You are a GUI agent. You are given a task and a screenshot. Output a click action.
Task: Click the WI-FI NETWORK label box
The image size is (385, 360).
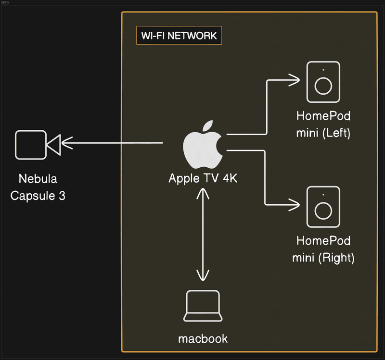[x=179, y=36]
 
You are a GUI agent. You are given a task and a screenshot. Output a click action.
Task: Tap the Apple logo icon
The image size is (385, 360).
[x=203, y=144]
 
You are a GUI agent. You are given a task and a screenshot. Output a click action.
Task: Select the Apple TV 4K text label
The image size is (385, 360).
[x=203, y=178]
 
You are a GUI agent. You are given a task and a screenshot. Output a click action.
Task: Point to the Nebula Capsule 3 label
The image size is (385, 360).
[x=38, y=187]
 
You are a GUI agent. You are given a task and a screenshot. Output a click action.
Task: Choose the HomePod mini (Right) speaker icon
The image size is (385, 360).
[x=323, y=207]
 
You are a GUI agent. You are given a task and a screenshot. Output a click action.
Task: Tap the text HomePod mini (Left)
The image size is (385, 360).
[x=323, y=124]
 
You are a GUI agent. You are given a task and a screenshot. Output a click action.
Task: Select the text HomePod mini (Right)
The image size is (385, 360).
[x=323, y=249]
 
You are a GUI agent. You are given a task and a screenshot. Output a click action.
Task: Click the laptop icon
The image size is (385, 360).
[x=203, y=306]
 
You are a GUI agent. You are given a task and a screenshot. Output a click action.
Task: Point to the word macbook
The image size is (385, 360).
[x=203, y=339]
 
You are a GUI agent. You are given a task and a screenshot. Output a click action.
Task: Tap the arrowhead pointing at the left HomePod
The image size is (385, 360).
[x=295, y=79]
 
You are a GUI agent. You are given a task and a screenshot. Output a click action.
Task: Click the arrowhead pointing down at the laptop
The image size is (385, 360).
[x=203, y=275]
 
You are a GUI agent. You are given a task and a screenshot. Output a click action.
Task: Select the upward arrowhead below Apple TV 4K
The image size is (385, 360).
[x=203, y=194]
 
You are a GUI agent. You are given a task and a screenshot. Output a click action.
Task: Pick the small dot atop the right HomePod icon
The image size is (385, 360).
[x=323, y=195]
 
